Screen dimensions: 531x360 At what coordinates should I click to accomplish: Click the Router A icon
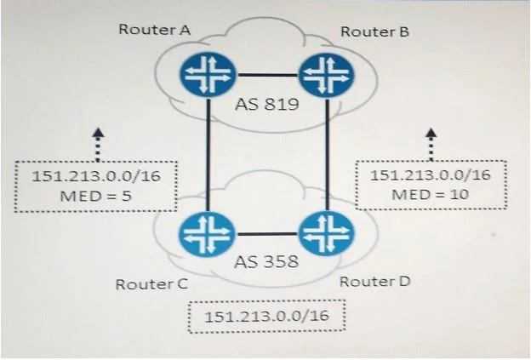pos(208,75)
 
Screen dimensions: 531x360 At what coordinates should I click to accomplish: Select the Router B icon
pos(326,75)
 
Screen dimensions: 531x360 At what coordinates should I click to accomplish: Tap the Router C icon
pos(207,233)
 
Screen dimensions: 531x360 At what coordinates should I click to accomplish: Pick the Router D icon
pos(326,233)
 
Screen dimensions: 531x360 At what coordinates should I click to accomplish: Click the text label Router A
pos(154,30)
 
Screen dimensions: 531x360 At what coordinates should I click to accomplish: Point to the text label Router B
pos(375,31)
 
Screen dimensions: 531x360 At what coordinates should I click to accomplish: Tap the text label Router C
pos(151,284)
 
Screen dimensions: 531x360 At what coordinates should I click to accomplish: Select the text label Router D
pos(375,282)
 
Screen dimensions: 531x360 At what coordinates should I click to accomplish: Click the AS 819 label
pos(267,104)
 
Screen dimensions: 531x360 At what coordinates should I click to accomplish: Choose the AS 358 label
pos(266,261)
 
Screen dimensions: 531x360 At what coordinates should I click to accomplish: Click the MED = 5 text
pos(95,196)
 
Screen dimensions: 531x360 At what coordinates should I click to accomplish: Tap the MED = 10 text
pos(430,194)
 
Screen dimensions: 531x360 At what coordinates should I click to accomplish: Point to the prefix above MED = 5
pos(96,176)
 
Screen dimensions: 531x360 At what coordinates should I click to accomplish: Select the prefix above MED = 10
pos(430,174)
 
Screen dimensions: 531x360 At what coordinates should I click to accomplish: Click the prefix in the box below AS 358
pos(266,317)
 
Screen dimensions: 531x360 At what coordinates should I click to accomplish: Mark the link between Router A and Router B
pos(267,75)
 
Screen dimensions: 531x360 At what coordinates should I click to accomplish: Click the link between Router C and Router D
pos(266,234)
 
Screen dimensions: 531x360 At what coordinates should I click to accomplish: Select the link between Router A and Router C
pos(208,154)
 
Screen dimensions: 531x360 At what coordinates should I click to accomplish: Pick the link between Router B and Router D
pos(328,154)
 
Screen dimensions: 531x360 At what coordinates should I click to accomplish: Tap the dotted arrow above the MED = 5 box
pos(98,145)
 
